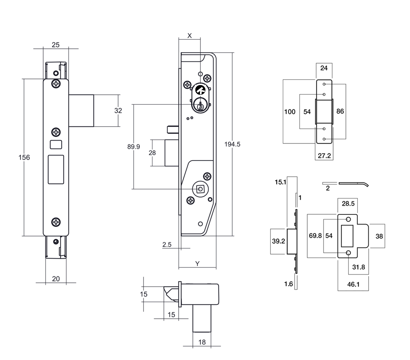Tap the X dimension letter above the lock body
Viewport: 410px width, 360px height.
190,36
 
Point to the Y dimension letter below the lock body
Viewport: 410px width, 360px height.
197,263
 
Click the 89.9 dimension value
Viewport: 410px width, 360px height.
134,146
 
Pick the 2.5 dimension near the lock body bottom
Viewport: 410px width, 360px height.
167,244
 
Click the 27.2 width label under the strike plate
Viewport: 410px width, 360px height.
324,155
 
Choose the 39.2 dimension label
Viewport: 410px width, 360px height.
279,241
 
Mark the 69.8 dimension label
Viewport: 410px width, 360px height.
315,236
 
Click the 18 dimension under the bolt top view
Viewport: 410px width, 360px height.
202,342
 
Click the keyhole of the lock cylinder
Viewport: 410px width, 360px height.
201,106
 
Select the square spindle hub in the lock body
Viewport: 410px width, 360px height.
200,189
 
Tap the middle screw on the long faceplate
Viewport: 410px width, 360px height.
56,132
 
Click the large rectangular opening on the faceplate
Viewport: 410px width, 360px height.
56,169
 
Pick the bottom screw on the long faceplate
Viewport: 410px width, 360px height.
56,222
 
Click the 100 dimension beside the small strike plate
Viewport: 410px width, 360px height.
290,112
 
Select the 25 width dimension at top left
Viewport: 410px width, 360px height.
55,44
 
